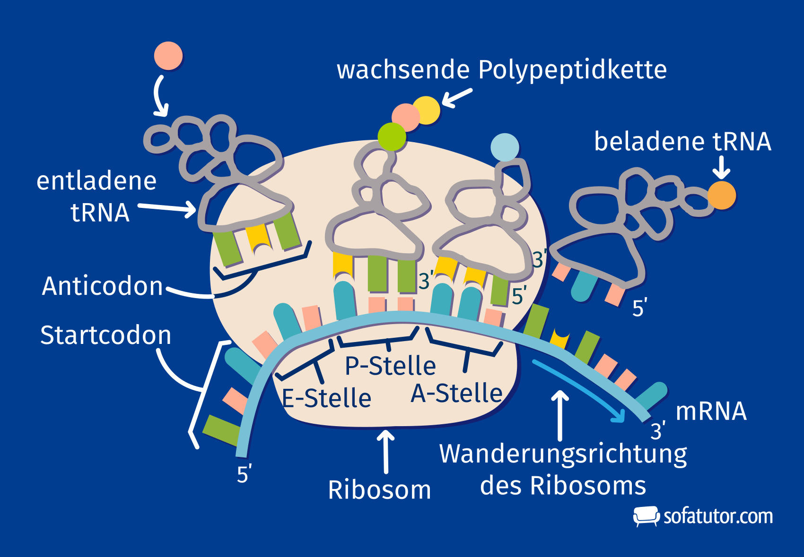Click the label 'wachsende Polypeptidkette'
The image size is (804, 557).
pyautogui.click(x=501, y=70)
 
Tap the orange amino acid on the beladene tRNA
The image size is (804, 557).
pyautogui.click(x=722, y=195)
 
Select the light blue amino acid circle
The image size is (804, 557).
pyautogui.click(x=505, y=147)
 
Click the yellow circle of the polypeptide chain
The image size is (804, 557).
pyautogui.click(x=426, y=110)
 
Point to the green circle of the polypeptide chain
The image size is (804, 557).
pyautogui.click(x=392, y=137)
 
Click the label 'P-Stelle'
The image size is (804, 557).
pyautogui.click(x=390, y=366)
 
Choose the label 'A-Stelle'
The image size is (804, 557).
pyautogui.click(x=456, y=393)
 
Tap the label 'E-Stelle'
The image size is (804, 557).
pyautogui.click(x=326, y=398)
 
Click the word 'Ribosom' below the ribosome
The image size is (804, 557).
pyautogui.click(x=379, y=490)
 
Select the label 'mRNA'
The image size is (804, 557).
pyautogui.click(x=711, y=411)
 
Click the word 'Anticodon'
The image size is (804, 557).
pyautogui.click(x=103, y=286)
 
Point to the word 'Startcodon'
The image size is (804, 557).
pyautogui.click(x=105, y=335)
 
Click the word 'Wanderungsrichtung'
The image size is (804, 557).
pyautogui.click(x=563, y=454)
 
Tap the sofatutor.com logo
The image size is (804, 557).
pyautogui.click(x=703, y=516)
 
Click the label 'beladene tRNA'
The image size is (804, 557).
pyautogui.click(x=682, y=142)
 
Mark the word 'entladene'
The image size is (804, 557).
pyautogui.click(x=96, y=181)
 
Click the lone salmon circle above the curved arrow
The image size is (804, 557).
pyautogui.click(x=168, y=56)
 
